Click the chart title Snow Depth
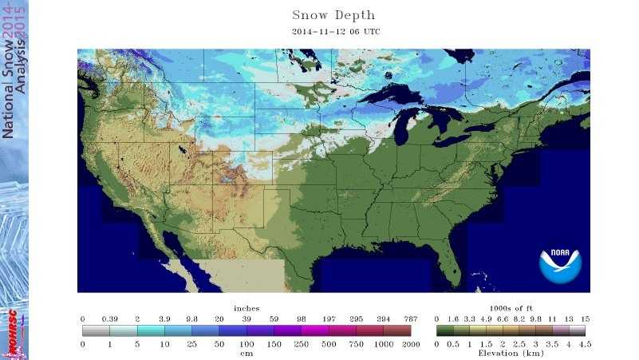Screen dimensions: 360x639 [x=333, y=15]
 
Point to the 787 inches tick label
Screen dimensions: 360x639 [x=410, y=318]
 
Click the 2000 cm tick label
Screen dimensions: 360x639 [x=410, y=343]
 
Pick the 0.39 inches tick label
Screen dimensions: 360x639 [x=109, y=318]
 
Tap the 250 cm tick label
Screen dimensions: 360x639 [x=301, y=343]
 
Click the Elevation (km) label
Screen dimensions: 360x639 [x=511, y=352]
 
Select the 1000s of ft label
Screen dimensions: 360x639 [x=511, y=308]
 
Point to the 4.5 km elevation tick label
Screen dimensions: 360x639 [x=585, y=343]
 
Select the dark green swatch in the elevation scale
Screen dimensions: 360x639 [x=444, y=330]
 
